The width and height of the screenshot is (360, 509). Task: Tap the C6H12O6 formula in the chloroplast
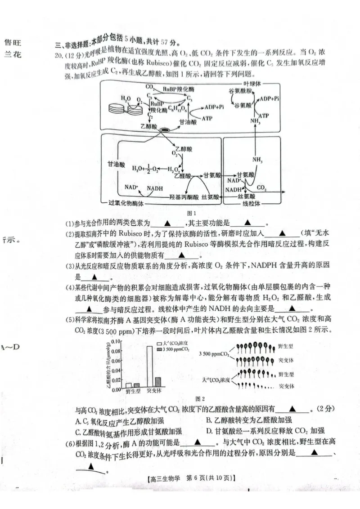tap(175, 108)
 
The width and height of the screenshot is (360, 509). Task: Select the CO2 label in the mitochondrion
tap(262, 188)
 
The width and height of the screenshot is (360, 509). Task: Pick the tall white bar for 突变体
tap(148, 367)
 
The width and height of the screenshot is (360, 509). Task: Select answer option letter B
tap(209, 420)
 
